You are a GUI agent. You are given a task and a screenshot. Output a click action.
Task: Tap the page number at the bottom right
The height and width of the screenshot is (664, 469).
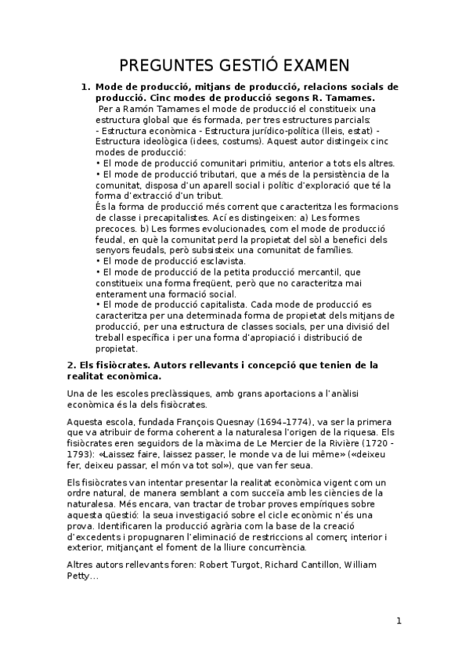tap(399, 622)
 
